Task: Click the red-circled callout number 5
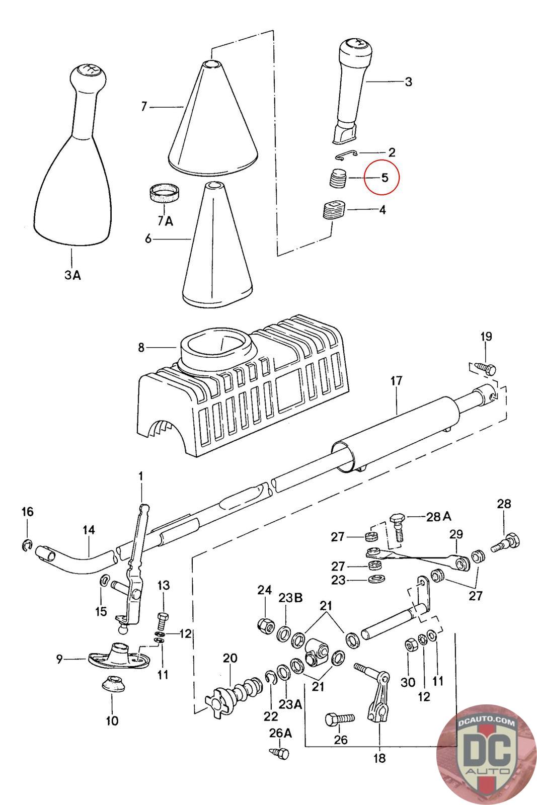pos(384,178)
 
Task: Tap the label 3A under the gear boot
pos(72,275)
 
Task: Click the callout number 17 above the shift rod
pos(396,381)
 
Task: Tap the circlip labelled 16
pos(27,544)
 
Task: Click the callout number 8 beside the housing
pos(141,347)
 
